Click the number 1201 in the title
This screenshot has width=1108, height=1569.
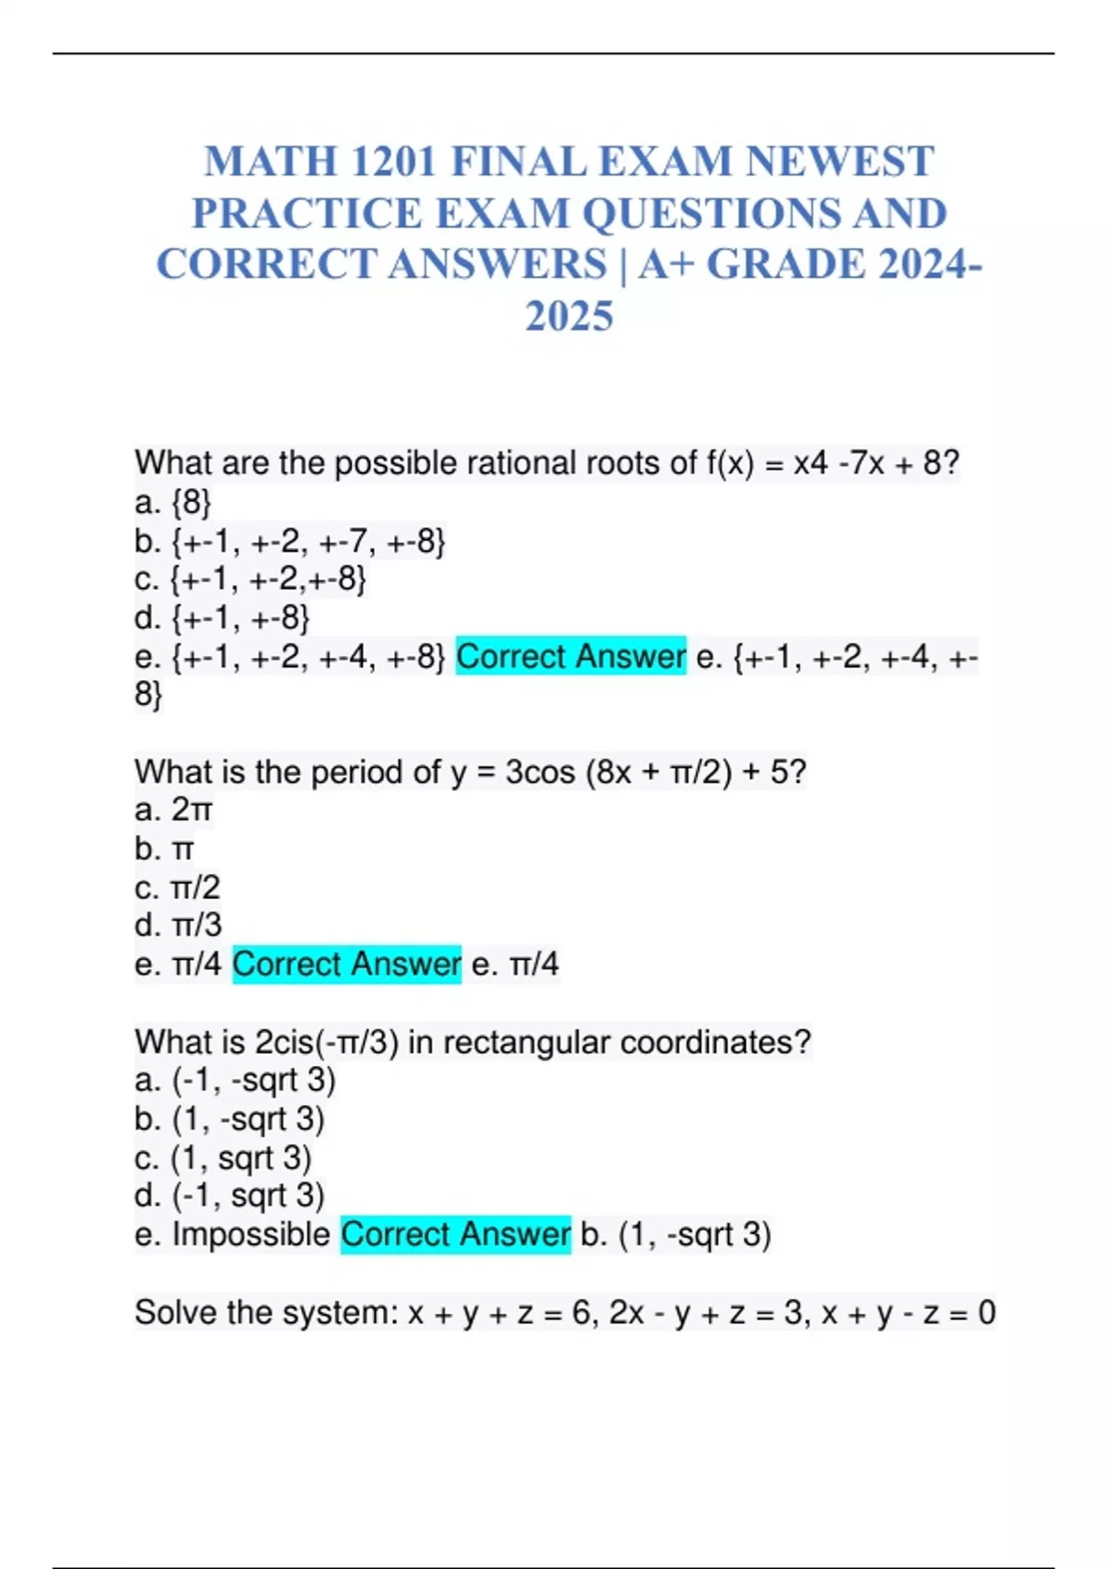coord(392,162)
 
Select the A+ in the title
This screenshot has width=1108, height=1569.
coord(665,265)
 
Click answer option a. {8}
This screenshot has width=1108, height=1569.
coord(173,503)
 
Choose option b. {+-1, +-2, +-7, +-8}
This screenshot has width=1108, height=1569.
coord(290,542)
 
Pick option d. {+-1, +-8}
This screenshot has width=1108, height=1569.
coord(222,617)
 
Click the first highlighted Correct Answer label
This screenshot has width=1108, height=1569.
coord(571,656)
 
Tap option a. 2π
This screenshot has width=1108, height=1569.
coord(174,810)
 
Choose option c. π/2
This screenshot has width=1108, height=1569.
coord(177,888)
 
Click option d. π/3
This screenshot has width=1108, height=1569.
coord(177,926)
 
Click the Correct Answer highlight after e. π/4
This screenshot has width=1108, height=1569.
coord(346,964)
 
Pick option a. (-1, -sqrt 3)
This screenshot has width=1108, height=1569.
coord(235,1080)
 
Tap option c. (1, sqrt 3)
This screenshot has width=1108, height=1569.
coord(223,1157)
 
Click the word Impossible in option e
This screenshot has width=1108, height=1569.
coord(251,1234)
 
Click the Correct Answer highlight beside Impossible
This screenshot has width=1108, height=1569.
coord(455,1234)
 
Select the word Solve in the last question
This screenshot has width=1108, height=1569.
coord(175,1311)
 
